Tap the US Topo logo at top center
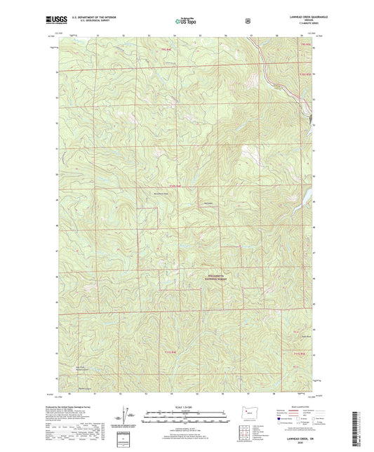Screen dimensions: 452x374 [186, 22]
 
